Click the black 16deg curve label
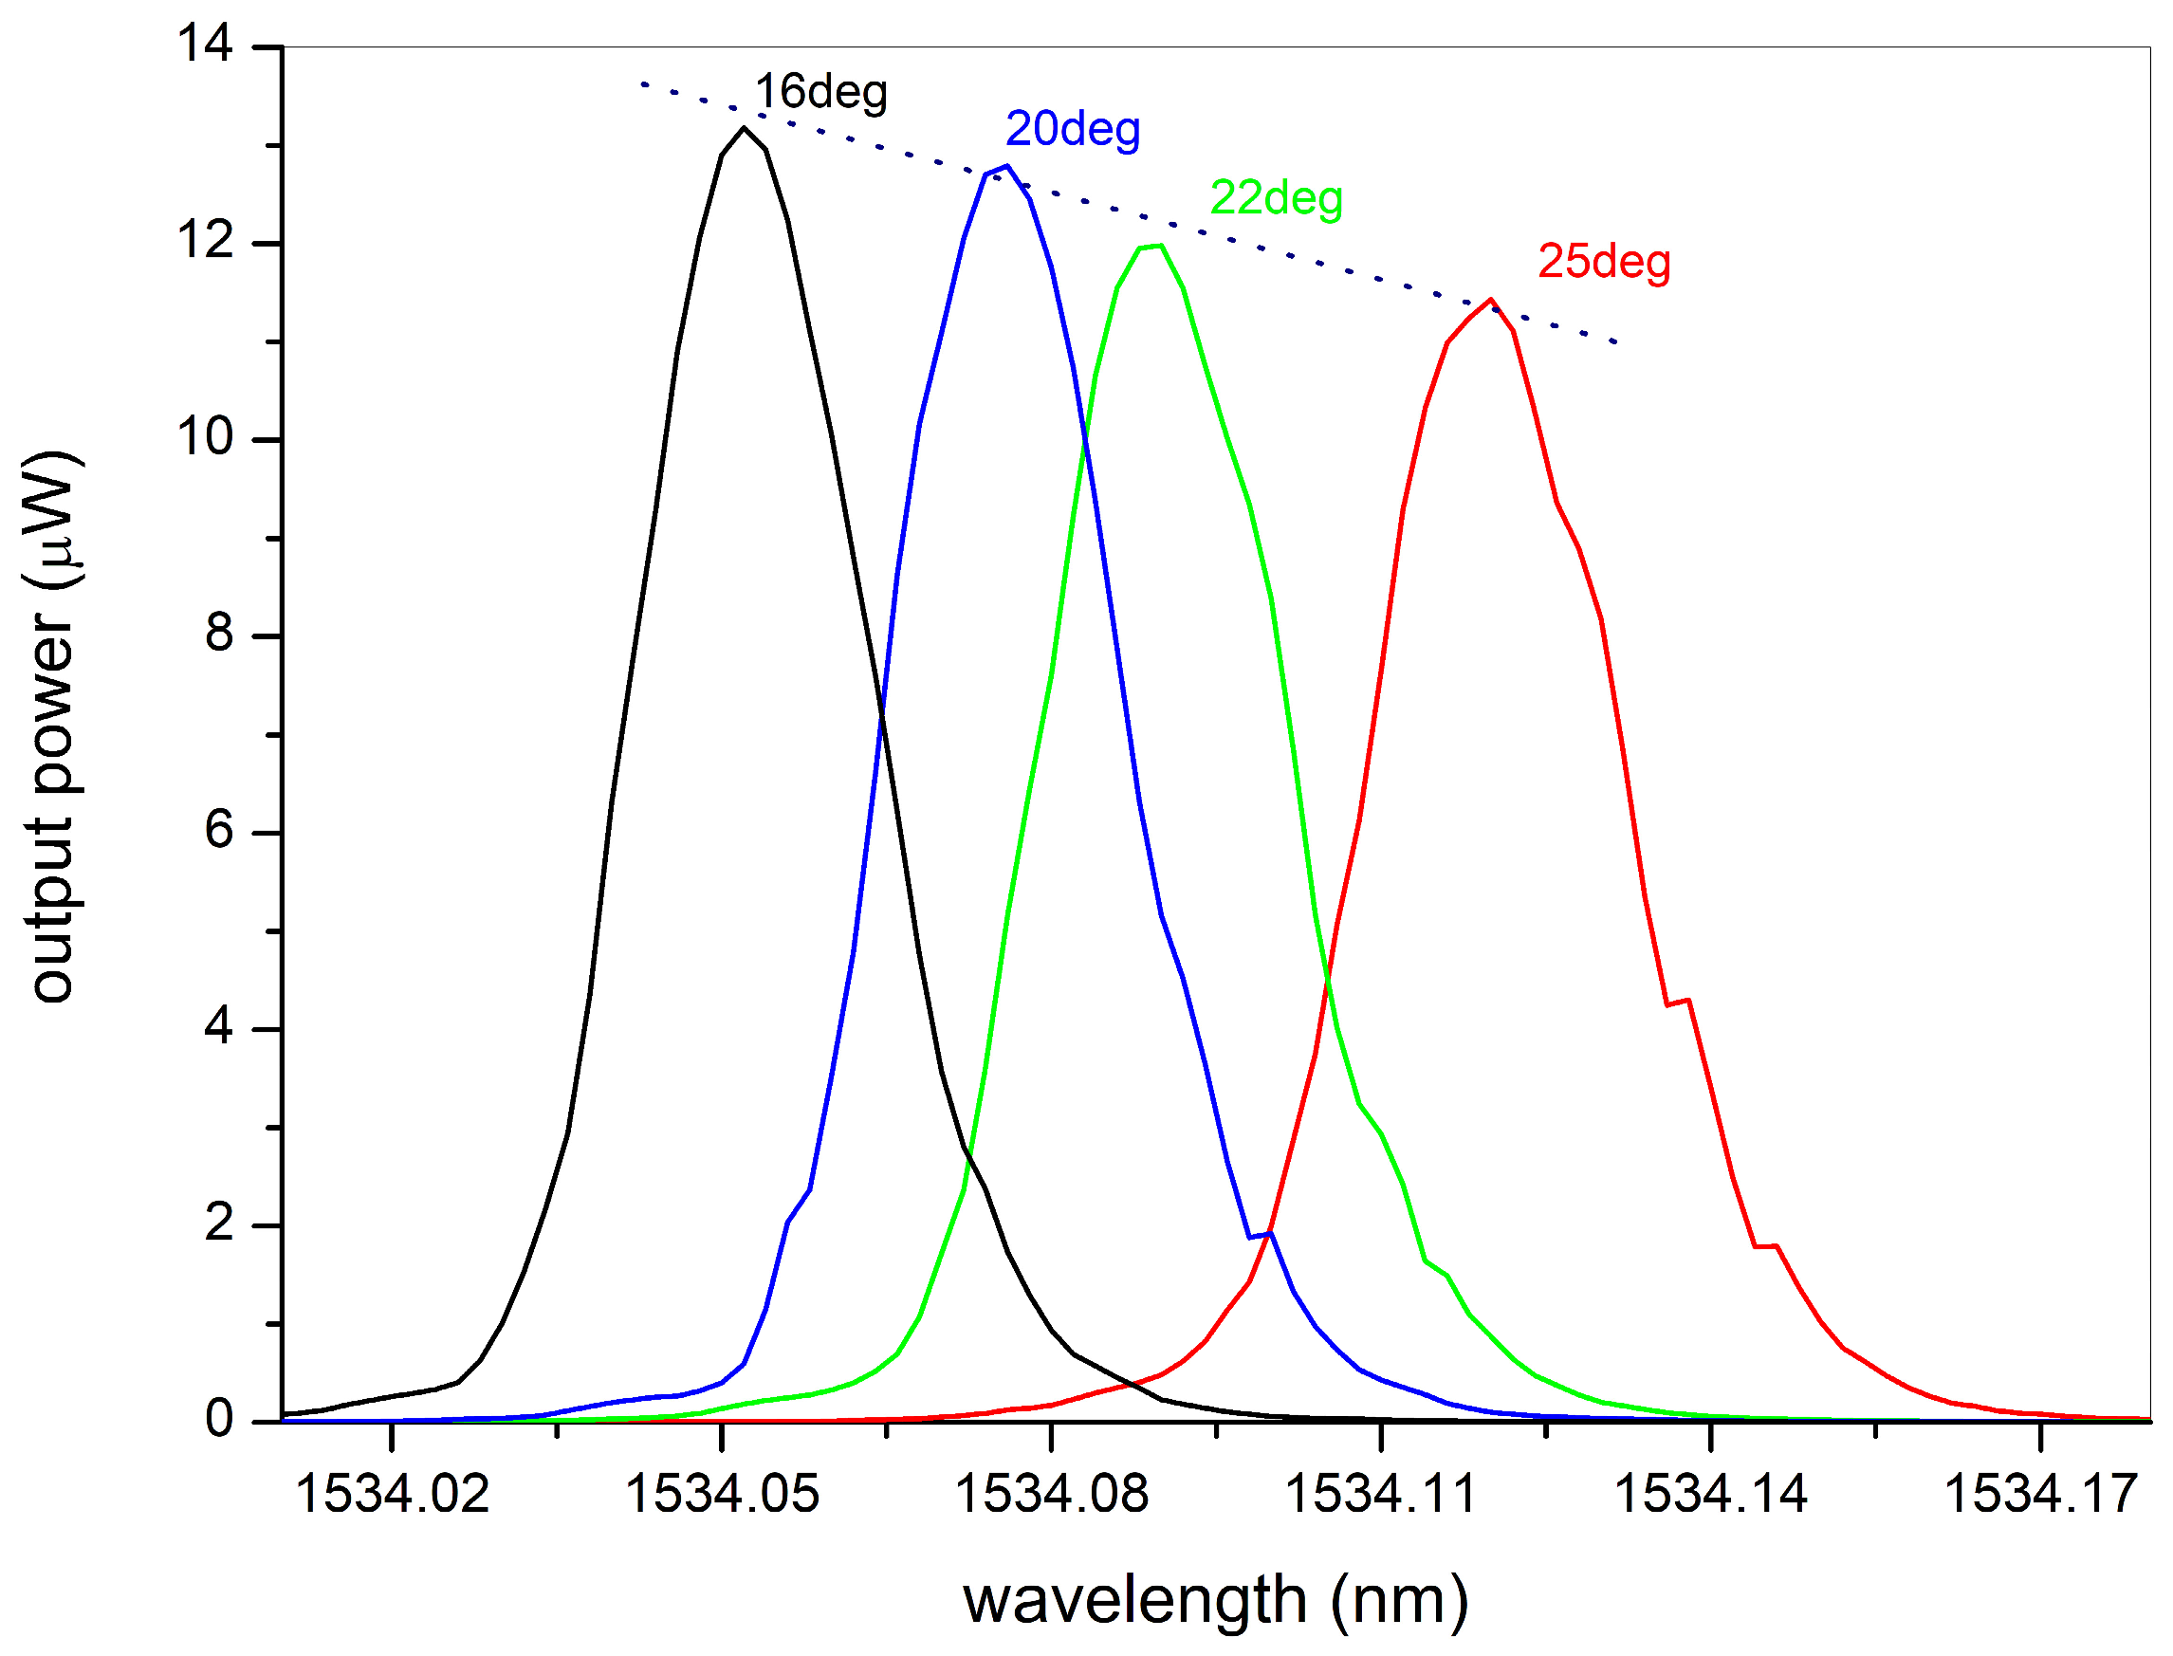tap(820, 92)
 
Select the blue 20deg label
tap(1072, 129)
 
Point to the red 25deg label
tap(1603, 261)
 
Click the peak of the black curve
tap(743, 128)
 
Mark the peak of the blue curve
tap(1005, 167)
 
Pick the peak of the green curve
tap(1161, 246)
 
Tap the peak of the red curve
tap(1490, 300)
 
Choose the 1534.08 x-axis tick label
tap(1051, 1494)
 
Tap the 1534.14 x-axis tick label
tap(1710, 1494)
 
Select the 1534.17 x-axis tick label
tap(2039, 1494)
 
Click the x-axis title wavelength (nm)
tap(1214, 1600)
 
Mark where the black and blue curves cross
tap(880, 712)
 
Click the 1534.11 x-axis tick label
tap(1380, 1494)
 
